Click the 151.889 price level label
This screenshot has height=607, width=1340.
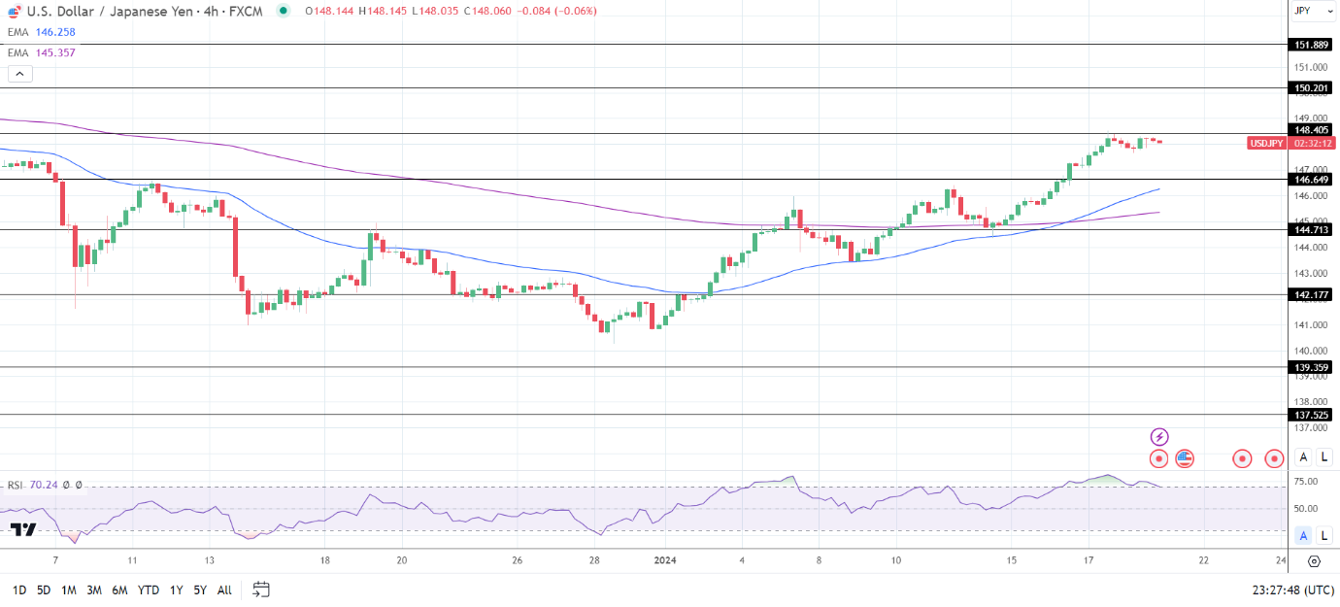coord(1311,45)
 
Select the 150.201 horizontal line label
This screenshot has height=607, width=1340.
coord(1311,88)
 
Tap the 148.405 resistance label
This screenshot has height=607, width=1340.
coord(1311,130)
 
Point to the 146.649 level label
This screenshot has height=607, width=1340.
coord(1311,180)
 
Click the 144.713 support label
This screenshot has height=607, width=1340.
coord(1311,230)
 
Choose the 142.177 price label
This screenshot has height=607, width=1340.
coord(1311,295)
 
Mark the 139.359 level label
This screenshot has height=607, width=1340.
coord(1311,368)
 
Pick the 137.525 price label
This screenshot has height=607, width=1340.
coord(1311,415)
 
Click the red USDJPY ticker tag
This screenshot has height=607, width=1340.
coord(1266,143)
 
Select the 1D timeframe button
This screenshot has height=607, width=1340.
coord(18,590)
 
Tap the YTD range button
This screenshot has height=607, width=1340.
coord(149,590)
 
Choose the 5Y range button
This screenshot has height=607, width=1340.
coord(199,590)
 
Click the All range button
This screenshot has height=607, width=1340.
coord(224,590)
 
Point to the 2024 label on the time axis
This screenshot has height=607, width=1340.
coord(665,560)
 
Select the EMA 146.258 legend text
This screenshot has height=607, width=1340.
coord(42,32)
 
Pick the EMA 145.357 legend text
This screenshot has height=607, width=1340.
coord(42,52)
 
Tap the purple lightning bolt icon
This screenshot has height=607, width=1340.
coord(1158,437)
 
